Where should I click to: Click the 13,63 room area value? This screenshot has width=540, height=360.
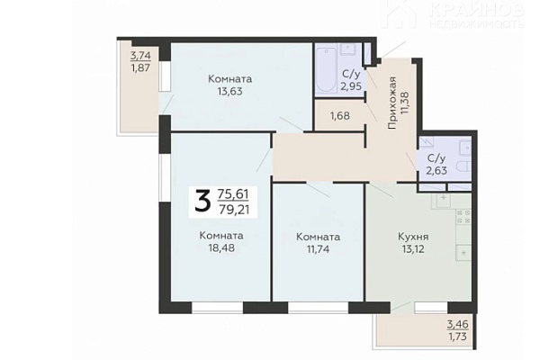[230, 91]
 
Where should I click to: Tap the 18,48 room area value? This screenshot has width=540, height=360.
[221, 247]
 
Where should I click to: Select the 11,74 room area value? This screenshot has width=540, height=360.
[318, 248]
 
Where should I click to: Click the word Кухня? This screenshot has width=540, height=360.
[413, 237]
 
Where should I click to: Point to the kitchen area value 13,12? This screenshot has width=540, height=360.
[412, 248]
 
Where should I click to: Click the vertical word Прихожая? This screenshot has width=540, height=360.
[392, 103]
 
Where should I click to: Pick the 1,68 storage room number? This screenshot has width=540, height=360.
[340, 116]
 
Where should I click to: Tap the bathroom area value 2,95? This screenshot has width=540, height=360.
[351, 85]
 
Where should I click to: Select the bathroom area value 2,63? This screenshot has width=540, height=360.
[436, 170]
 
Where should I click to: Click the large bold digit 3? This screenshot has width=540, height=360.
[202, 202]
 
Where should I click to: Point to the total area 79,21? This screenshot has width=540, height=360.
[234, 210]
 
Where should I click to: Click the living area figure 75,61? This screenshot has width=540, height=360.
[233, 194]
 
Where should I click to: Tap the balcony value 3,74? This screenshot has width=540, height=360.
[140, 55]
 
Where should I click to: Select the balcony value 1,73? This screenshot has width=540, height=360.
[458, 337]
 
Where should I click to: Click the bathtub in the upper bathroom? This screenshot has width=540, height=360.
[326, 69]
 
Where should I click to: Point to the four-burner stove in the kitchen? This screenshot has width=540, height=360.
[463, 217]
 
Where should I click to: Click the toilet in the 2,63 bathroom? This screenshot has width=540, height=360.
[463, 166]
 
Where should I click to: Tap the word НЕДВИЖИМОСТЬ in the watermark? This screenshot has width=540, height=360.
[477, 23]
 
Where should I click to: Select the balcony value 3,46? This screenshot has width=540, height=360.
[458, 324]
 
